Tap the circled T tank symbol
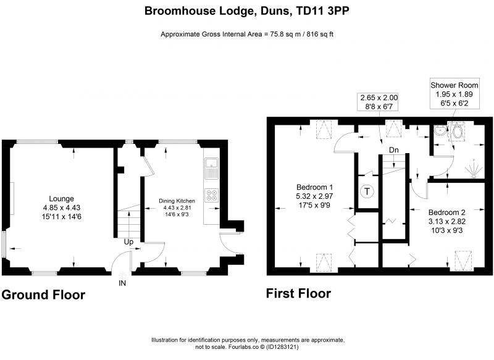tap(367, 191)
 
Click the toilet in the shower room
tap(457, 132)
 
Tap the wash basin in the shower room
tap(440, 130)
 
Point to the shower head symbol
tap(473, 169)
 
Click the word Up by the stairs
tap(128, 242)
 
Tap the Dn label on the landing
tap(394, 150)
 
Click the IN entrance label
tap(122, 283)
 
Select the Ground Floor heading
tap(43, 295)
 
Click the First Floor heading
tap(299, 293)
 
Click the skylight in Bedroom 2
tap(463, 260)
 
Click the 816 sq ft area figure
tap(320, 35)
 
